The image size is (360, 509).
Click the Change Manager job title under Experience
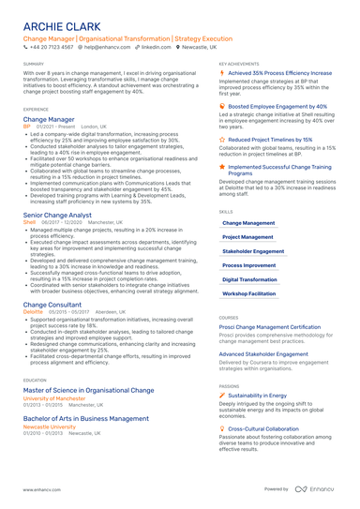pos(48,120)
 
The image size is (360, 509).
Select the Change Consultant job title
pos(51,305)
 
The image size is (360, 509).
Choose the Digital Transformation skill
pos(249,279)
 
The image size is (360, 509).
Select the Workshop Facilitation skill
pos(248,293)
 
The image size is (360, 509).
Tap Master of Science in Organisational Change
pos(88,389)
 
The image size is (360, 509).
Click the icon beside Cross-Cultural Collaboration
pos(222,428)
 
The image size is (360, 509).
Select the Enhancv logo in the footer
pos(318,488)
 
